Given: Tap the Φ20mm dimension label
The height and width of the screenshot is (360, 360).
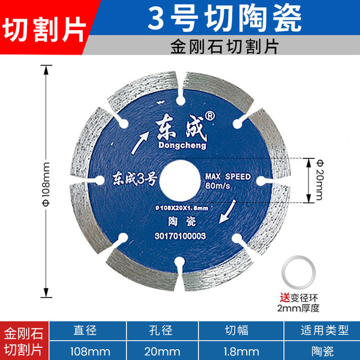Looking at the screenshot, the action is coord(318,179).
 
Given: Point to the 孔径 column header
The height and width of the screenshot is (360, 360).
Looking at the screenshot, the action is coord(160,331).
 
